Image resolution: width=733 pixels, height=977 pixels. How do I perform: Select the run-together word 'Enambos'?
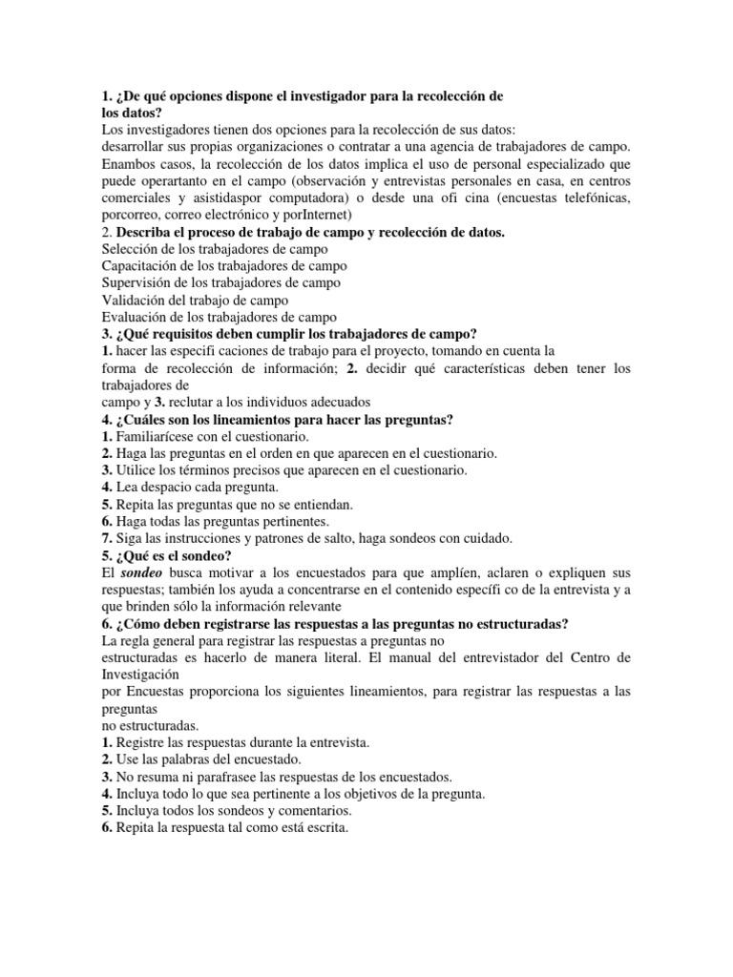pyautogui.click(x=130, y=164)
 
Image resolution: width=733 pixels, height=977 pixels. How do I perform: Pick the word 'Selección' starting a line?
pyautogui.click(x=132, y=248)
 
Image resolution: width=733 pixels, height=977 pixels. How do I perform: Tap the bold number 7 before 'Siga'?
pyautogui.click(x=106, y=538)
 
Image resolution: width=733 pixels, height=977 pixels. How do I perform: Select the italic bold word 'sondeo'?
pyautogui.click(x=141, y=572)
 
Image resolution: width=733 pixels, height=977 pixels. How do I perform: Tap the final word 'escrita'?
pyautogui.click(x=323, y=828)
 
